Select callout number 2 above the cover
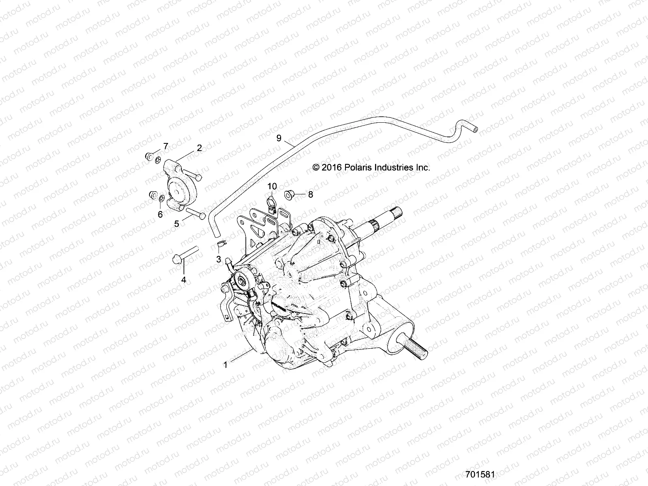tap(199, 148)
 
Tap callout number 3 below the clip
tap(218, 259)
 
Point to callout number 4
tap(183, 279)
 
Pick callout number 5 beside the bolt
tap(177, 224)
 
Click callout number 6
tap(160, 215)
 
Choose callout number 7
tap(165, 146)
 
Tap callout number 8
tap(310, 194)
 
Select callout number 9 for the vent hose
tap(279, 138)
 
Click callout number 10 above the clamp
tap(272, 186)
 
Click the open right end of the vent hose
tap(475, 130)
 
